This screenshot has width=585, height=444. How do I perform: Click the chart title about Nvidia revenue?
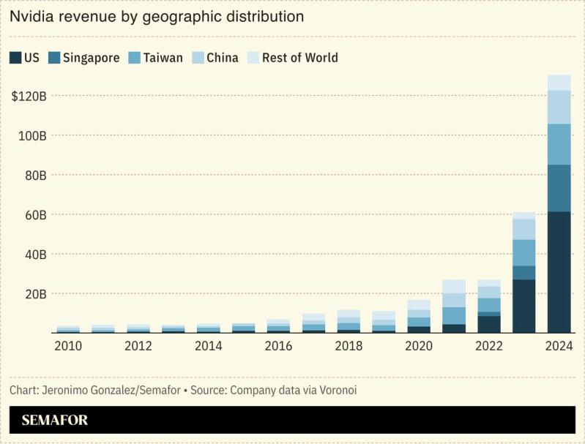point(157,16)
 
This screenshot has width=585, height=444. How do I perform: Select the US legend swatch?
point(15,57)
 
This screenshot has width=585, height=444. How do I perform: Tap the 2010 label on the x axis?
point(68,346)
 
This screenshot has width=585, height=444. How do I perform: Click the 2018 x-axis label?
point(349,346)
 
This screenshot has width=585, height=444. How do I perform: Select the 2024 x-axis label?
point(559,346)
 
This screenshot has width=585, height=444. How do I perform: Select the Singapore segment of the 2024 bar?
point(559,188)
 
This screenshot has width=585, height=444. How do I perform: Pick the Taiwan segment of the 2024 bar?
point(559,144)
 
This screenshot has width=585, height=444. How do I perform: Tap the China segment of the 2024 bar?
point(559,107)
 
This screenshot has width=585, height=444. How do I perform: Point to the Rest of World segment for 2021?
point(454,286)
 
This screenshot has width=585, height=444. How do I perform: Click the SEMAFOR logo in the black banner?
point(54,421)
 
